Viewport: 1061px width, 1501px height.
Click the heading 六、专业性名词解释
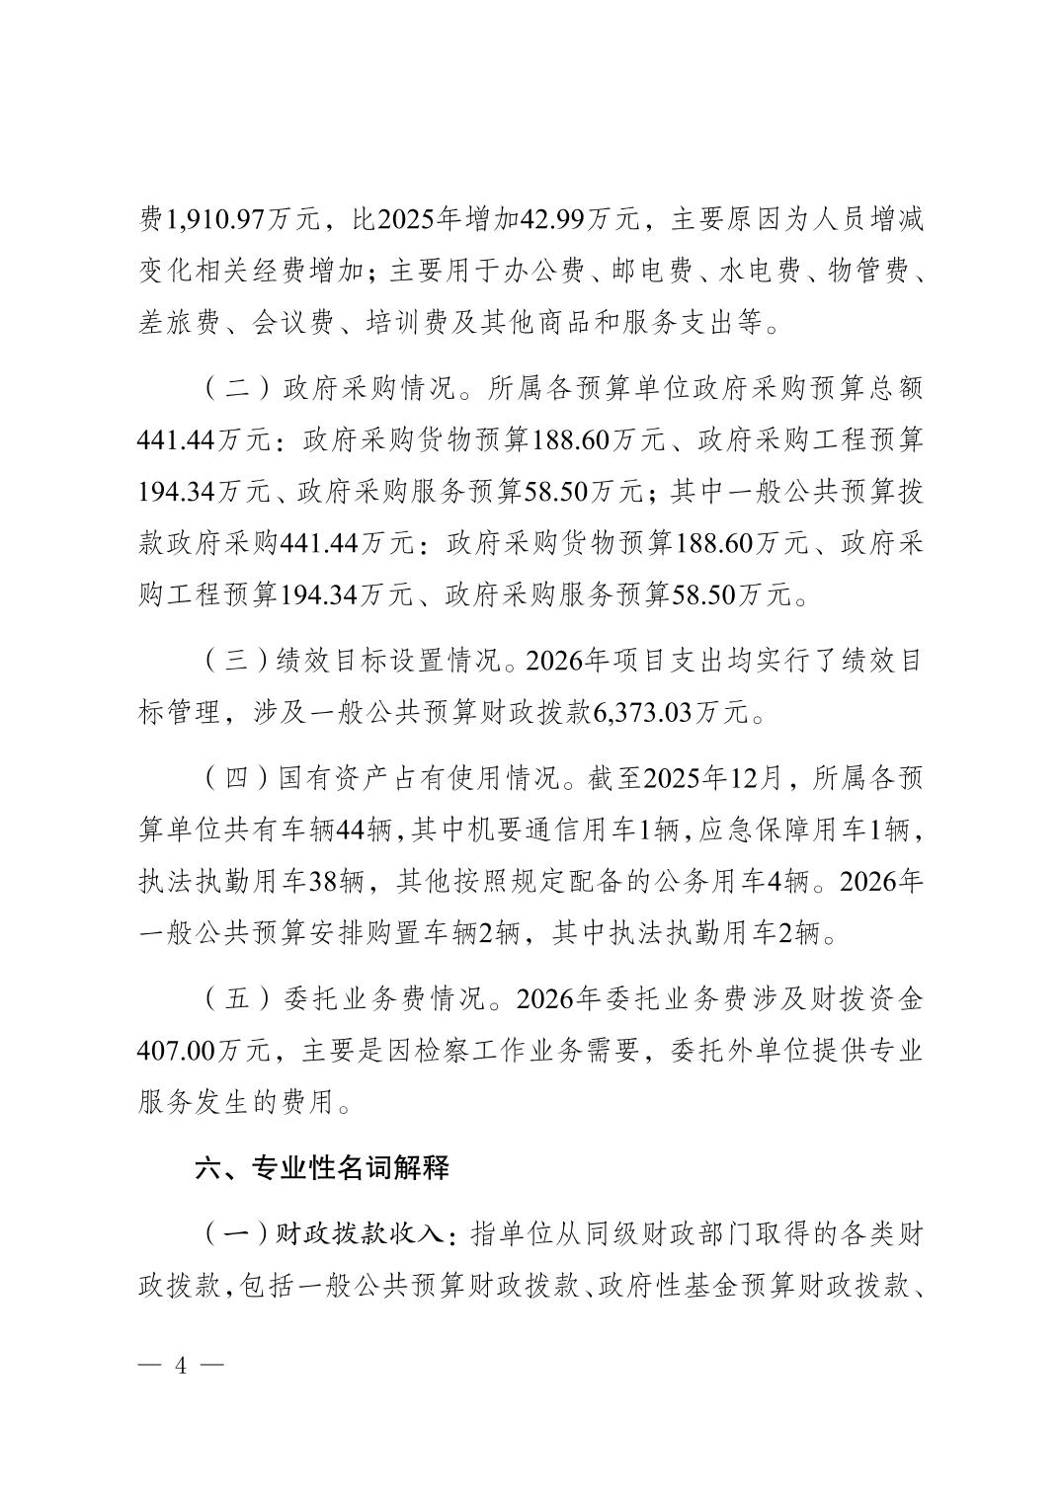(x=322, y=1167)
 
